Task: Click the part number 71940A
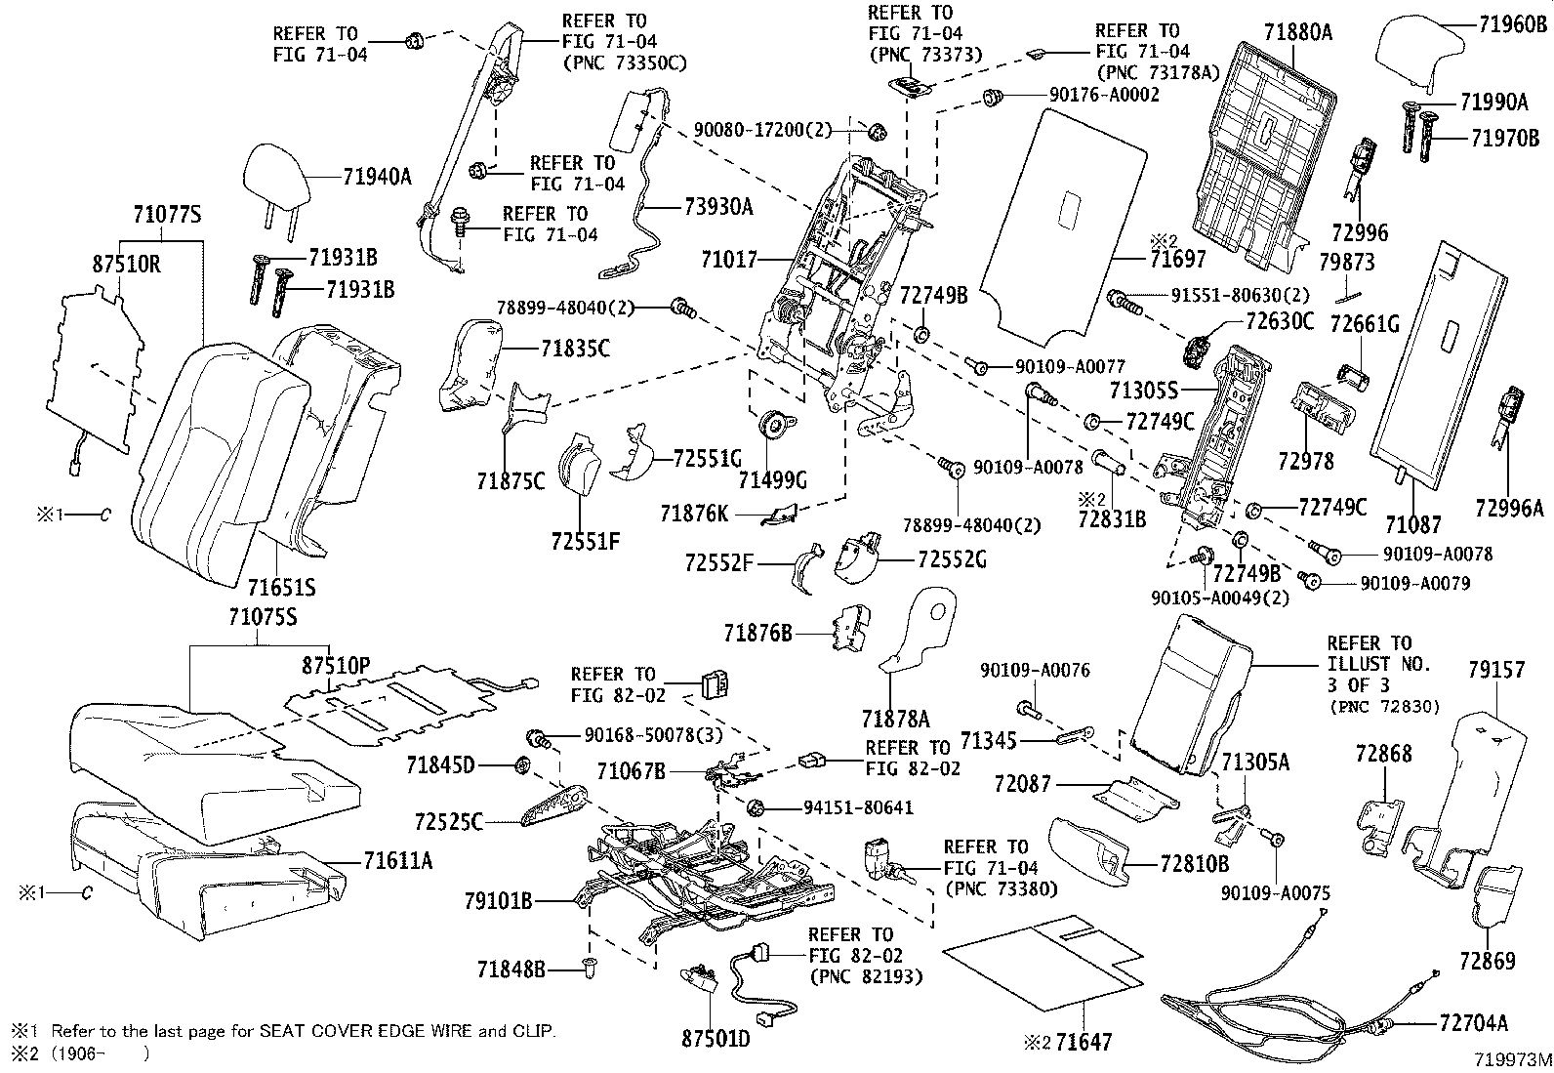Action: (x=378, y=177)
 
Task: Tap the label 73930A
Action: (x=719, y=206)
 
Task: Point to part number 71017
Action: (x=729, y=260)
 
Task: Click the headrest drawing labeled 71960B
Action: (x=1421, y=52)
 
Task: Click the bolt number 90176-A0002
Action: (x=1104, y=95)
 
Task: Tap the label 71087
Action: (x=1412, y=525)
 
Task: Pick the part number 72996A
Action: (x=1509, y=508)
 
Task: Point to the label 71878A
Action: (x=896, y=720)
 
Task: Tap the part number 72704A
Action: (x=1473, y=1022)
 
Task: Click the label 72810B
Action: (x=1195, y=864)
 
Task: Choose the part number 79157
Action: (x=1496, y=670)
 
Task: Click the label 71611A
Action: (x=397, y=860)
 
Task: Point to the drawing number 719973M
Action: (x=1512, y=1059)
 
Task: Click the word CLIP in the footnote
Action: (x=535, y=1030)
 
